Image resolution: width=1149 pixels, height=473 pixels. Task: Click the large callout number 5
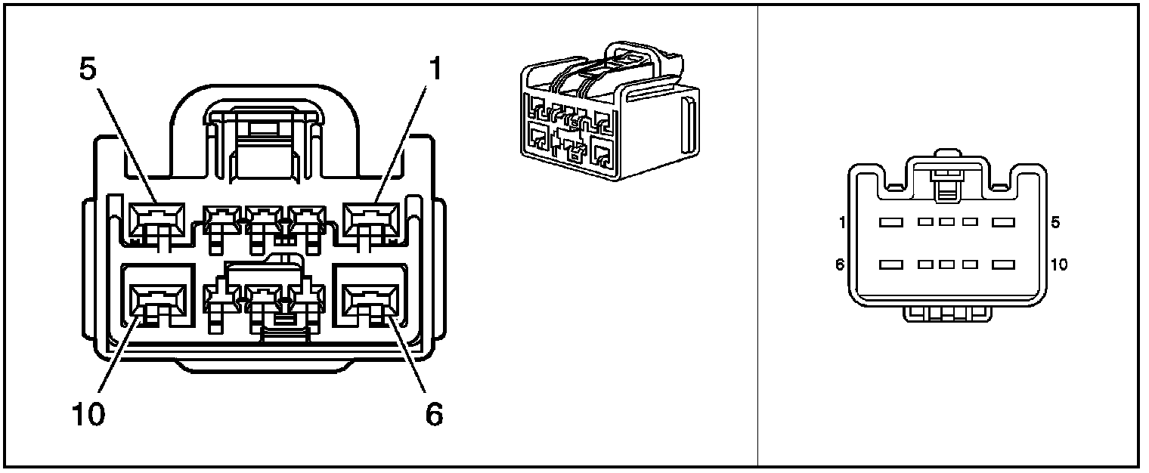tap(88, 69)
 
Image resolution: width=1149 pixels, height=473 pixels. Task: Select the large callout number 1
tap(433, 69)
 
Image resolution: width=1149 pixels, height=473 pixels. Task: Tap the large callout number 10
tap(88, 414)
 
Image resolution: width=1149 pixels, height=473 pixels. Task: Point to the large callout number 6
tap(433, 414)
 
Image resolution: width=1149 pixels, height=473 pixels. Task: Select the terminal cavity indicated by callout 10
tap(157, 300)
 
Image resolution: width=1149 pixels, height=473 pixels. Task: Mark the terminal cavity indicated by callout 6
tap(370, 300)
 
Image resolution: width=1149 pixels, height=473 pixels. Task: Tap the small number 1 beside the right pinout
tap(841, 223)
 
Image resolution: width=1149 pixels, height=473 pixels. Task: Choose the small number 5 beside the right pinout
tap(1055, 223)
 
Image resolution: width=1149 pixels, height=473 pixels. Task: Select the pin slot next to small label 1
tap(892, 223)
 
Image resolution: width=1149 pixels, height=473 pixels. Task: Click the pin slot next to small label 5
tap(1002, 223)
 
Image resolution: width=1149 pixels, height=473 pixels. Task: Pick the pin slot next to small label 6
tap(892, 265)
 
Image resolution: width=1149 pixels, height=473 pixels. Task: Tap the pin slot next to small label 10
tap(1002, 265)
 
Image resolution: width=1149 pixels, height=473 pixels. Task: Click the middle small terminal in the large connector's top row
tap(262, 221)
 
